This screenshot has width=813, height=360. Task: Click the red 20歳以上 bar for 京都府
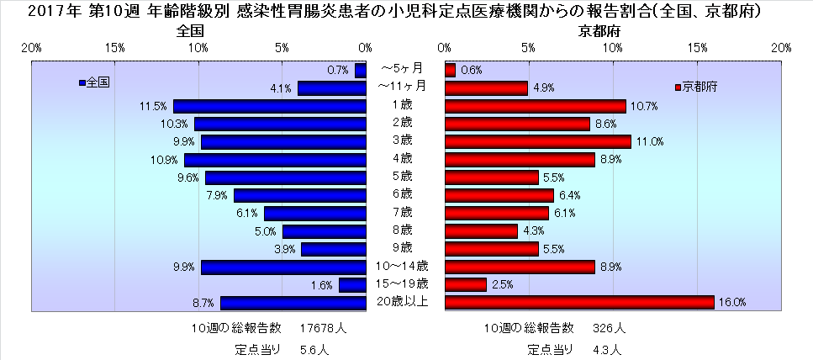(x=579, y=303)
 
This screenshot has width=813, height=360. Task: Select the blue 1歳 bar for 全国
(x=270, y=106)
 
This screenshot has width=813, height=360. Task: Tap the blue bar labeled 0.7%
(x=361, y=71)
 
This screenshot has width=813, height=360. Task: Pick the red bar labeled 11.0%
(x=537, y=141)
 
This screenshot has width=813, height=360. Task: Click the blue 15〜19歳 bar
(x=352, y=285)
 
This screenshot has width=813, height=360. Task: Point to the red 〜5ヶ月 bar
(x=450, y=70)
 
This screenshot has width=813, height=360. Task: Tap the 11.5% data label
(x=152, y=106)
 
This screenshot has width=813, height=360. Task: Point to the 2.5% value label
(x=502, y=285)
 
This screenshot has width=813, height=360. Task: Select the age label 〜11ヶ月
(x=402, y=86)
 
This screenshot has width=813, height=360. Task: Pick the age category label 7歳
(x=402, y=211)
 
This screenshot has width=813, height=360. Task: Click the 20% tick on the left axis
(x=32, y=47)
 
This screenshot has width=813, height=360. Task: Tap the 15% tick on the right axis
(x=698, y=47)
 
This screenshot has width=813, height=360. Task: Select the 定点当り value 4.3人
(x=605, y=348)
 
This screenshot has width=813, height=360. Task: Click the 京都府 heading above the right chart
(x=596, y=31)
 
